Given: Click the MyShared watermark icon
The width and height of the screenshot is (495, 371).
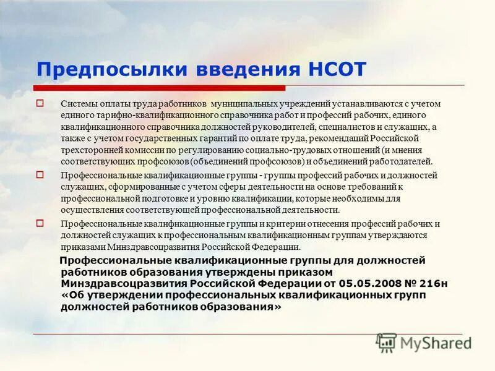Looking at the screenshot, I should (x=387, y=343).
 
